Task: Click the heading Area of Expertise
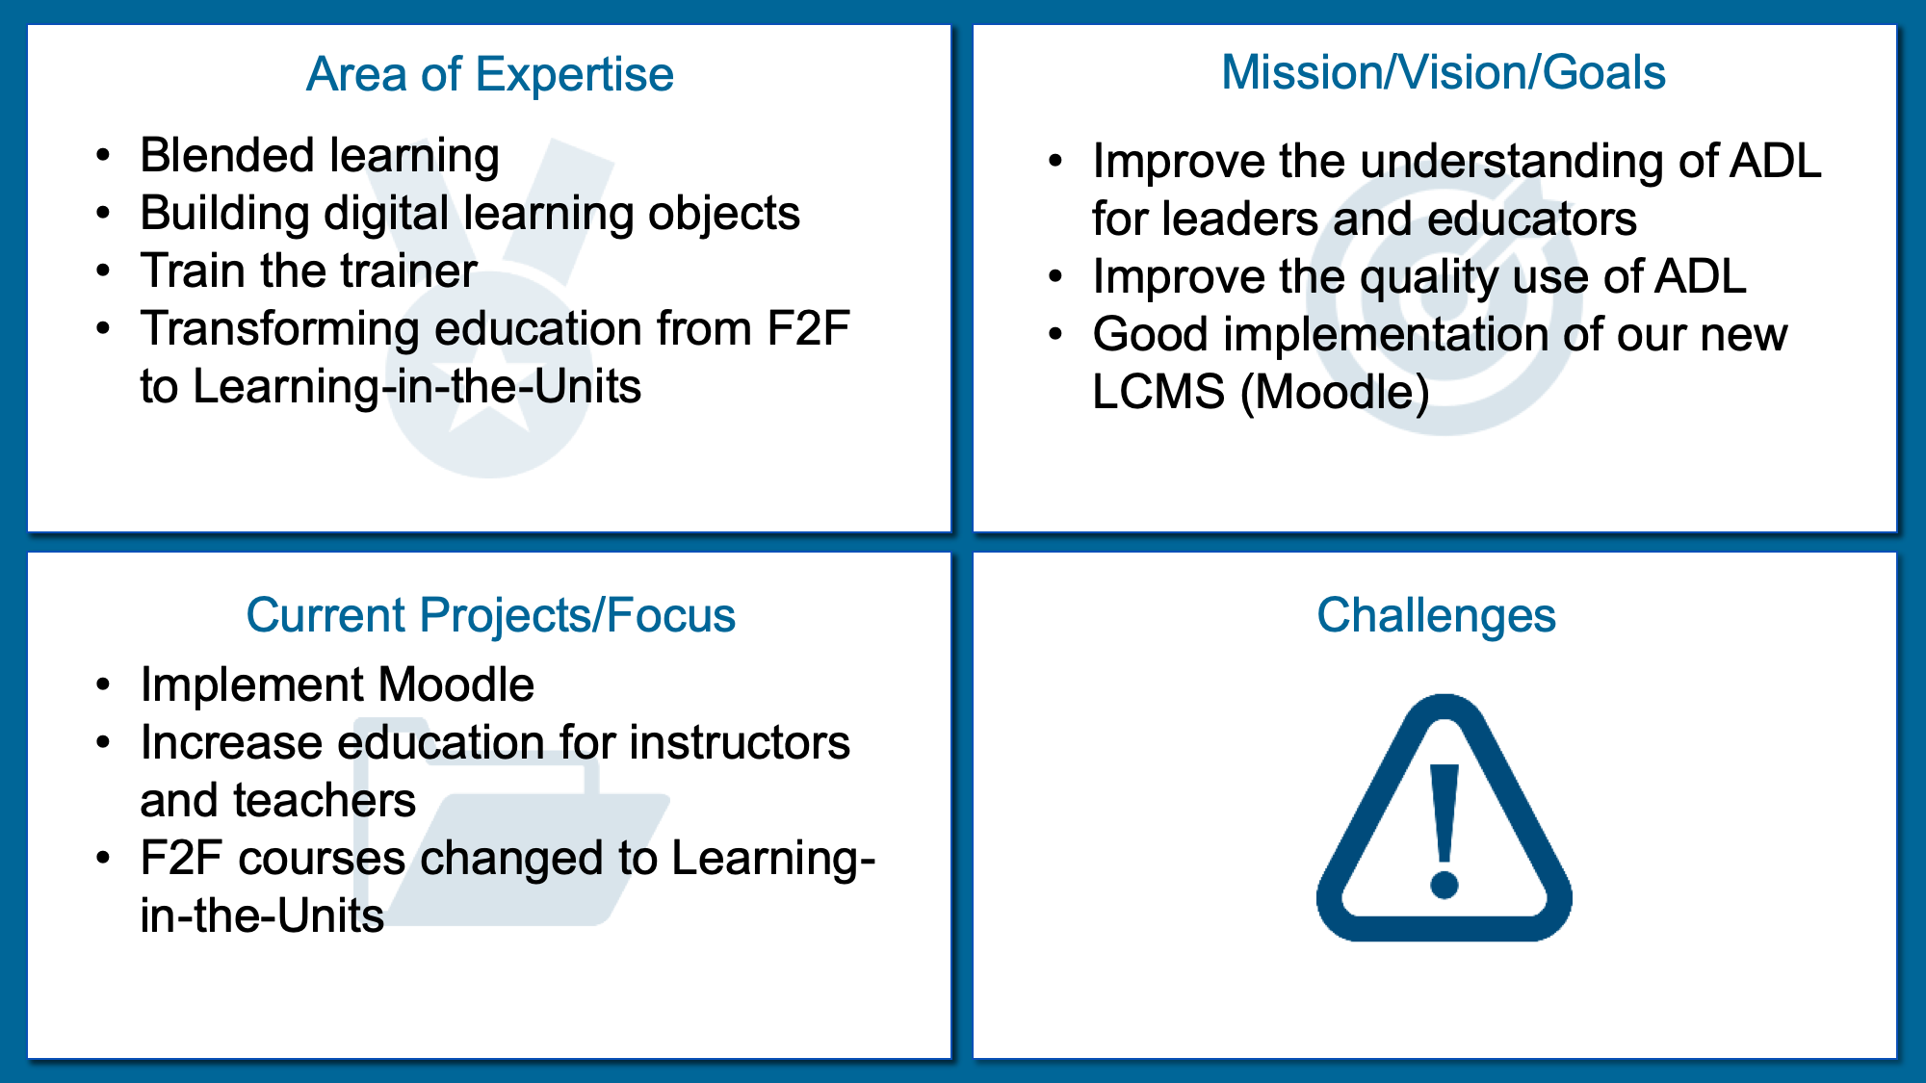click(x=489, y=74)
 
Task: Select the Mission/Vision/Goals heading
click(x=1444, y=72)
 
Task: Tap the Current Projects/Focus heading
click(x=490, y=615)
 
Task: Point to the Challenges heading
click(x=1436, y=615)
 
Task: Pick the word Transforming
click(x=280, y=329)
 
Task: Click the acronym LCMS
click(x=1158, y=392)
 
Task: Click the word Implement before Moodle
click(x=252, y=685)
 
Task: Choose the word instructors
click(x=740, y=742)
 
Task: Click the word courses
click(x=322, y=858)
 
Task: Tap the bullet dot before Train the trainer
click(x=104, y=271)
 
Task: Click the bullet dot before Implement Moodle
click(x=104, y=685)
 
